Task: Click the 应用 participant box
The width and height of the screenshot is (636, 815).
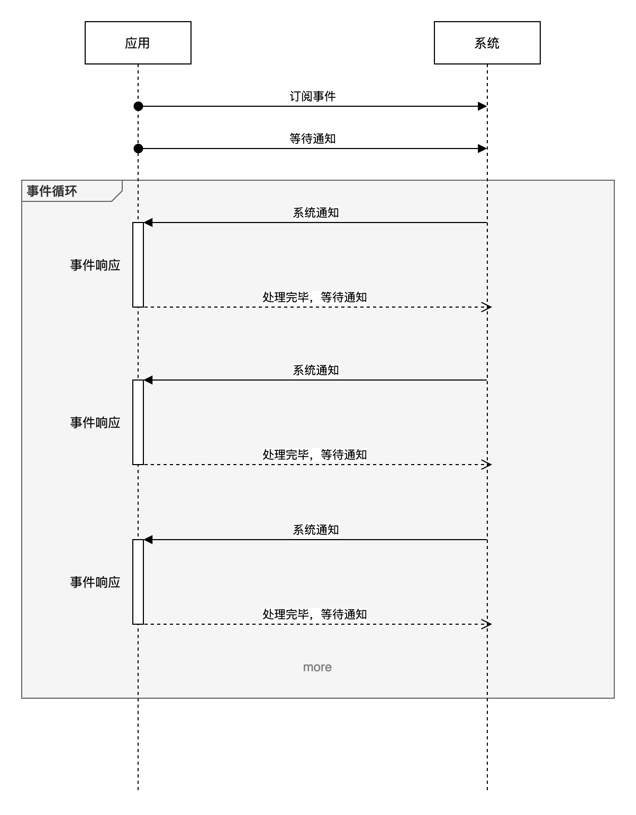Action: coord(138,43)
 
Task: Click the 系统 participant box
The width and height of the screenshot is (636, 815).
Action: coord(487,43)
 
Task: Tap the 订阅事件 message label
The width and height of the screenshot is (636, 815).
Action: coord(312,96)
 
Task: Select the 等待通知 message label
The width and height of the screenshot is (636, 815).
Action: coord(312,138)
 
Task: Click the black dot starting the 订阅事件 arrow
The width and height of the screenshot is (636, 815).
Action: coord(138,106)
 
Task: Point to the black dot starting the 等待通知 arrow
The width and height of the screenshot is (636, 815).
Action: coord(138,149)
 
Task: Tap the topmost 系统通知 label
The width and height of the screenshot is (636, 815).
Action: coord(316,212)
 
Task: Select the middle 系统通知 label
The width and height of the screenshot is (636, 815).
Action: coord(316,370)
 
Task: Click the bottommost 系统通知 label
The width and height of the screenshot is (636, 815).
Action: coord(316,530)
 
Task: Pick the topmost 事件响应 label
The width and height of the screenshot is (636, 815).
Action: coord(95,265)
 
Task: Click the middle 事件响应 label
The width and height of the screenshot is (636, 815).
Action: coord(95,422)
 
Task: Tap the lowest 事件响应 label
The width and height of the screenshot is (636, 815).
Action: coord(95,582)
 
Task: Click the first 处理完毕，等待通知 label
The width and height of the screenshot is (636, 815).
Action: coord(315,297)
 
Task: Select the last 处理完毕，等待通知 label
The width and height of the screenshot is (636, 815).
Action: coord(315,614)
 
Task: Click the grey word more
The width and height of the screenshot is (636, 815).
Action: coord(317,667)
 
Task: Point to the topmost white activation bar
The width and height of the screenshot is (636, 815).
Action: coord(138,264)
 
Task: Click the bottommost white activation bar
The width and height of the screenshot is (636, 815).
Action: coord(138,581)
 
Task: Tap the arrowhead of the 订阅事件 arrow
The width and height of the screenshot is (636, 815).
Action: coord(482,106)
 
